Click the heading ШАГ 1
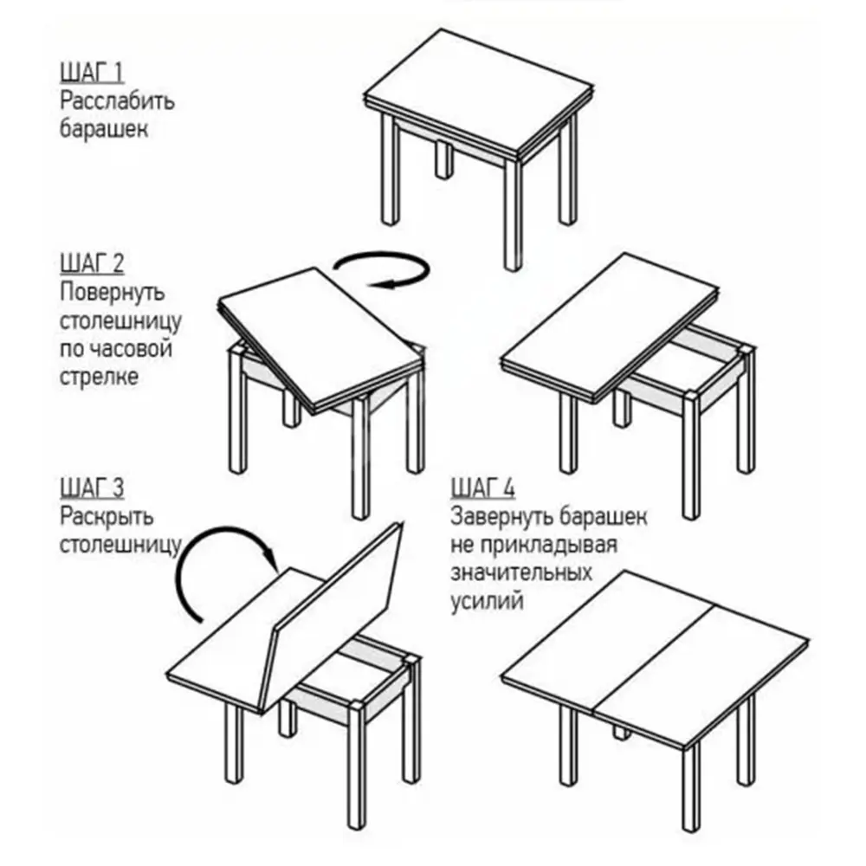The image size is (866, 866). click(x=92, y=73)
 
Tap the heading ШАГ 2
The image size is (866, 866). click(x=92, y=263)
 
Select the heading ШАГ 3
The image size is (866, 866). click(x=92, y=488)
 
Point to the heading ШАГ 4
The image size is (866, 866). click(x=482, y=488)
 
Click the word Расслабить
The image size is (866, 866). click(x=117, y=101)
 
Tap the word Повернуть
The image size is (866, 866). click(x=112, y=293)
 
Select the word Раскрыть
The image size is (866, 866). click(x=106, y=517)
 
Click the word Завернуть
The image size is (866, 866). click(x=501, y=517)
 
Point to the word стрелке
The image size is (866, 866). click(x=99, y=378)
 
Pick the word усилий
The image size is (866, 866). click(x=487, y=601)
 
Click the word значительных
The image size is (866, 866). click(x=520, y=572)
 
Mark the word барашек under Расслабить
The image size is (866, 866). click(x=104, y=129)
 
